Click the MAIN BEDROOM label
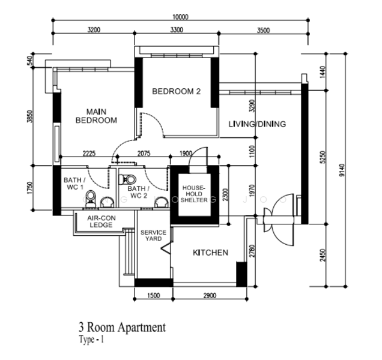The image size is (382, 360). (96, 116)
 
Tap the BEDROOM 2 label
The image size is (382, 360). (176, 92)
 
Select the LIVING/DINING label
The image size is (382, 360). (257, 124)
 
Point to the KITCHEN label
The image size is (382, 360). (210, 253)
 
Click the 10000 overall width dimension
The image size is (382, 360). (180, 17)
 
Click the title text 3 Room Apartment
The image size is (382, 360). (121, 328)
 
